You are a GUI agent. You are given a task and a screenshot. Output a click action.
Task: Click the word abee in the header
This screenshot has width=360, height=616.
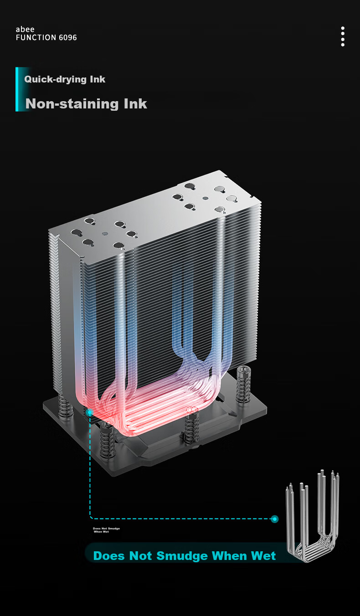click(x=25, y=29)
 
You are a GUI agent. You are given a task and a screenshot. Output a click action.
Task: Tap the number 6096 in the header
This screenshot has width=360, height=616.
click(x=67, y=37)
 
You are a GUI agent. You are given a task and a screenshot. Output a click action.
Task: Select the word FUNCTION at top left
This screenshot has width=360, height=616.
click(x=36, y=37)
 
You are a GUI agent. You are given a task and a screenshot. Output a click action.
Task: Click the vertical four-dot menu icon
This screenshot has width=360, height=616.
click(x=343, y=36)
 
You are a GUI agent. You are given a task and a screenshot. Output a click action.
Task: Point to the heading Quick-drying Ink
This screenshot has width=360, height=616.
click(x=65, y=79)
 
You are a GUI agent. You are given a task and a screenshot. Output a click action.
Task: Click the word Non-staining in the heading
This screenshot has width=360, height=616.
click(x=72, y=104)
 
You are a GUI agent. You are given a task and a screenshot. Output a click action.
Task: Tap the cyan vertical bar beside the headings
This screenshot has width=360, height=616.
click(x=17, y=89)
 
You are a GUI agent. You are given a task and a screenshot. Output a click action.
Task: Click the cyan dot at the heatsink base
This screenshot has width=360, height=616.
click(x=90, y=412)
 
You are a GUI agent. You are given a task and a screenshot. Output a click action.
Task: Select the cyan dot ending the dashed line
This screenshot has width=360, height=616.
click(x=274, y=519)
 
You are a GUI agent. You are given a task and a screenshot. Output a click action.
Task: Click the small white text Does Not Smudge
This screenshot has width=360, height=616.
click(x=107, y=529)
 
